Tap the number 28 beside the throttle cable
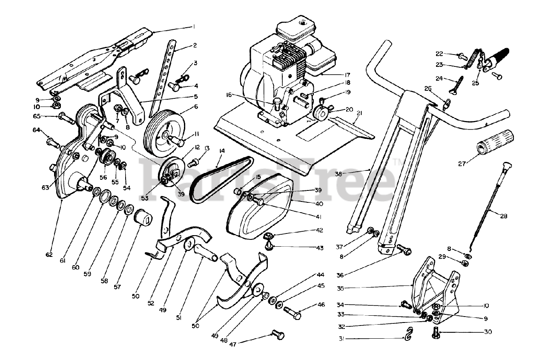point(504,216)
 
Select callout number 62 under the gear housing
point(49,255)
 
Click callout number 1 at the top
point(194,26)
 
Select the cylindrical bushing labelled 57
point(143,218)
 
